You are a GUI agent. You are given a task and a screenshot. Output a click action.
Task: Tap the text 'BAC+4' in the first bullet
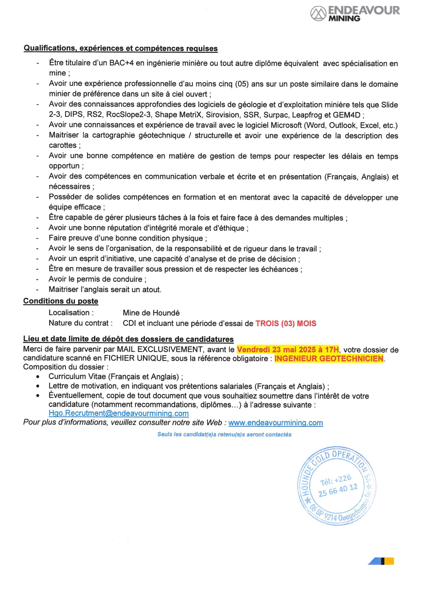point(121,63)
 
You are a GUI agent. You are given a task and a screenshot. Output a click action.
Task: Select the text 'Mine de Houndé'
point(151,313)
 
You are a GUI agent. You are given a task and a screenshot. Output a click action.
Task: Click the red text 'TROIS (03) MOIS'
point(286,323)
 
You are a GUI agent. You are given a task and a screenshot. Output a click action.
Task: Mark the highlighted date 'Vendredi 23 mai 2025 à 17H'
point(288,349)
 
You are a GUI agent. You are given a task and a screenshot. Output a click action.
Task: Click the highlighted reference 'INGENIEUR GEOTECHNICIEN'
point(329,358)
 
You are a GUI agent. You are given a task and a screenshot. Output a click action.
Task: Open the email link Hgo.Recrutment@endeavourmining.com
point(119,413)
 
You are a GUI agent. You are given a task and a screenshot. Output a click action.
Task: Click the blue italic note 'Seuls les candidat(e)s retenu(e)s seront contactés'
point(224,435)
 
